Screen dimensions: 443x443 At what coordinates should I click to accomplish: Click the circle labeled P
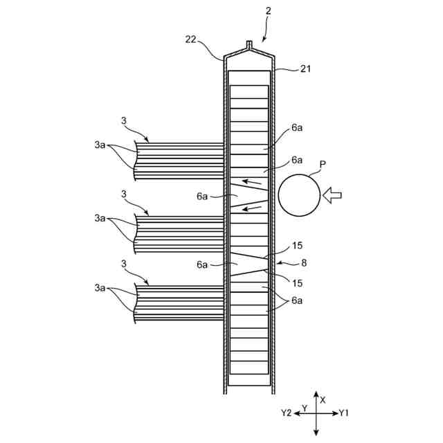(299, 195)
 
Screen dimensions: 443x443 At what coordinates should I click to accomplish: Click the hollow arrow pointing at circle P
(333, 195)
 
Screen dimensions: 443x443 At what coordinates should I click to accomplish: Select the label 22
(192, 39)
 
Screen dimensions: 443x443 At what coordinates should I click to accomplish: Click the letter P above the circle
(323, 165)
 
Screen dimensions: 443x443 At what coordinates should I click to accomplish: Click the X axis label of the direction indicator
(323, 400)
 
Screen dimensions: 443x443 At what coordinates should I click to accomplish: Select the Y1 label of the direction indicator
(344, 413)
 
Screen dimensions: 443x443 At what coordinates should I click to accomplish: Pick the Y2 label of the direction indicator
(287, 413)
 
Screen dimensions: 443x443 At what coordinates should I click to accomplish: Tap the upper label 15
(298, 245)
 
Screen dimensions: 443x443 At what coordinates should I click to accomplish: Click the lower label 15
(296, 282)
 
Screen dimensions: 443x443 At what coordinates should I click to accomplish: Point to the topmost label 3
(124, 121)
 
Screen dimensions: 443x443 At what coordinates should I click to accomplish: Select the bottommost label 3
(124, 264)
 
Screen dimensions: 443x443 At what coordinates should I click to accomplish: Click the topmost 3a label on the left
(101, 146)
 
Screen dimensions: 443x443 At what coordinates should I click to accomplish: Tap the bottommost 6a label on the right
(297, 300)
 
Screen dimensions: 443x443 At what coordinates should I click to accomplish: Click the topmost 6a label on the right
(297, 127)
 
